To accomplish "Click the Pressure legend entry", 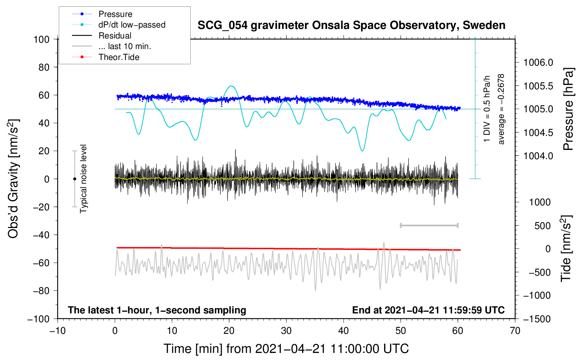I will pos(115,14).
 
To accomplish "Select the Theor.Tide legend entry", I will pos(119,57).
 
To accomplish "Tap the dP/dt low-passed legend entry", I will pos(132,25).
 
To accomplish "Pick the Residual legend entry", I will pos(115,36).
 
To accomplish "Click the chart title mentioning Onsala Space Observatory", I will pos(351,25).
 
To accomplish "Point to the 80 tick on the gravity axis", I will pos(44,67).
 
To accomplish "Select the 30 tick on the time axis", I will pos(286,331).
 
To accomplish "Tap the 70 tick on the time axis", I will pos(515,331).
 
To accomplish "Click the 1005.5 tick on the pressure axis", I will pos(538,86).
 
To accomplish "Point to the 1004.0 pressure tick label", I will pos(538,156).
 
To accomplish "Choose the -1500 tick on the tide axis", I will pos(537,319).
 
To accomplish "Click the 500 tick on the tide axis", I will pos(542,226).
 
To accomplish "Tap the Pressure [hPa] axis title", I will pos(568,109).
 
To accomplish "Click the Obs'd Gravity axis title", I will pos(13,179).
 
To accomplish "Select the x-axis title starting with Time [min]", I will pos(286,349).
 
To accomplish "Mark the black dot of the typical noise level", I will pos(74,179).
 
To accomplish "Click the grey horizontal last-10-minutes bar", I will pos(429,225).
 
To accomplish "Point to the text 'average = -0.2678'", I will pos(501,109).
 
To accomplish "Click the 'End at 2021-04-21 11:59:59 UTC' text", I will pos(428,310).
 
